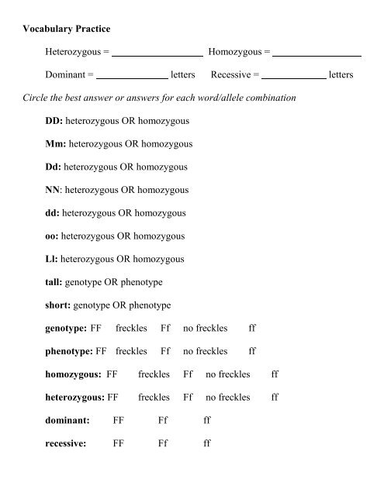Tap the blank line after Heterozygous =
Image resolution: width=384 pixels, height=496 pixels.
pyautogui.click(x=159, y=56)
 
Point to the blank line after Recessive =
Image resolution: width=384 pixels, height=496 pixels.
pyautogui.click(x=294, y=78)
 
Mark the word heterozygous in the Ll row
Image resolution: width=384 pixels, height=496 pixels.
pyautogui.click(x=93, y=257)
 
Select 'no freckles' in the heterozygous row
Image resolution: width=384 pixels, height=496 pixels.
pyautogui.click(x=228, y=398)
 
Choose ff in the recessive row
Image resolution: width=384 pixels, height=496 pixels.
pyautogui.click(x=206, y=445)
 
